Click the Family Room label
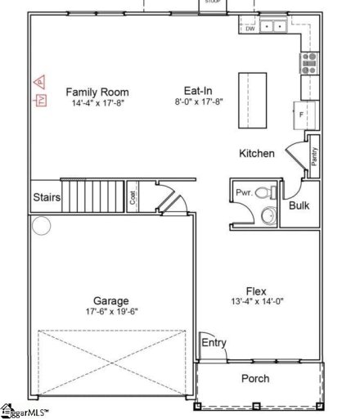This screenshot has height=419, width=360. coord(97,92)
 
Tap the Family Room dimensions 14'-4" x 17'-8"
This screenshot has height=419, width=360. coord(97,103)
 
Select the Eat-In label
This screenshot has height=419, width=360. coord(199,92)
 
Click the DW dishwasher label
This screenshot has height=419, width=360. coord(250,29)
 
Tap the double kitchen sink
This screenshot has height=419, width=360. coord(275,26)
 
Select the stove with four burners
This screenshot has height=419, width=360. coord(310,60)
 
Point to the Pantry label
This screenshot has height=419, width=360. coord(314,155)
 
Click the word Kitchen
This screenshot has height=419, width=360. coord(255,153)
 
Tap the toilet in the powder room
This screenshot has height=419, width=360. coord(264,193)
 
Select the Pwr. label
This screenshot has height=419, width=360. coord(243,193)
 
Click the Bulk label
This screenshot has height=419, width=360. coord(299,205)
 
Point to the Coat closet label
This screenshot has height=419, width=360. coord(133,197)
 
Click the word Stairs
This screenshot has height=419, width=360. coord(46,197)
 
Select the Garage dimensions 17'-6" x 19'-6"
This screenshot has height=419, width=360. coord(110,313)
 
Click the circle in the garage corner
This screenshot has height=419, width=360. coord(40,225)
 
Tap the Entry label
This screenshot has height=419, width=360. coord(214,342)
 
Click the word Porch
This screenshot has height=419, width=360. coord(254,378)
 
